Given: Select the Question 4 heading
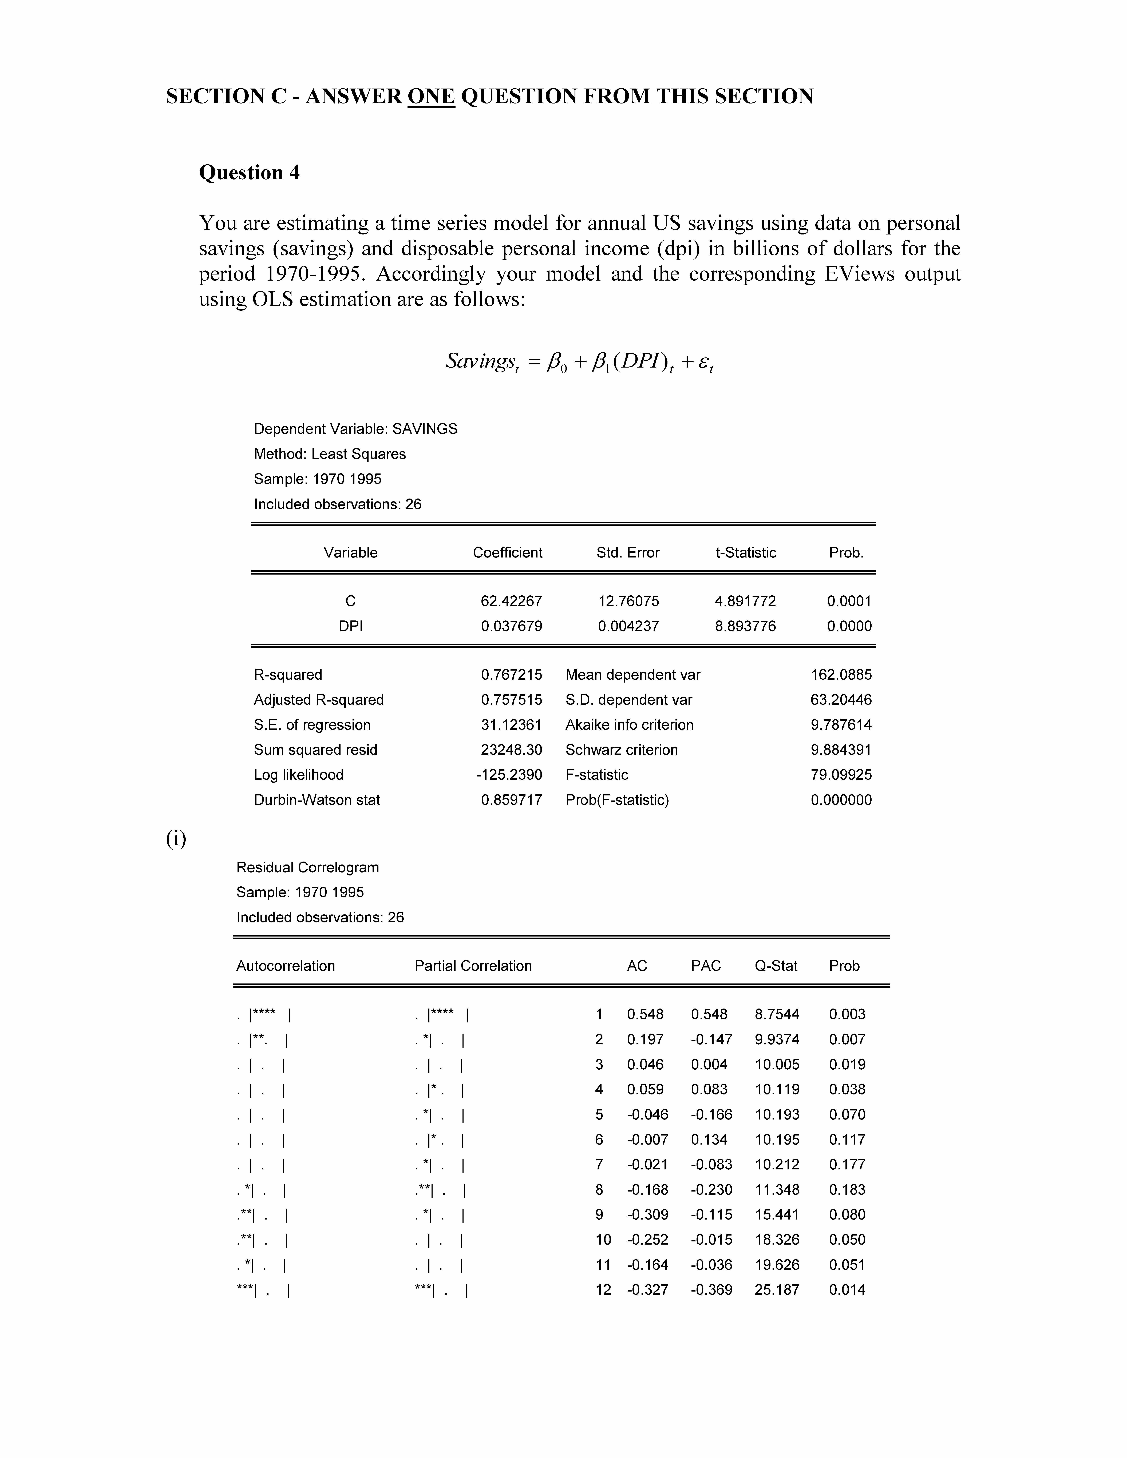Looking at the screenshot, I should click(249, 173).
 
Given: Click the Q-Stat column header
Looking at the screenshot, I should click(776, 966).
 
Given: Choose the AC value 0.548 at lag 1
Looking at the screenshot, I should click(645, 1015).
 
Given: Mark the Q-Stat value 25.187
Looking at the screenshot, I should click(777, 1290).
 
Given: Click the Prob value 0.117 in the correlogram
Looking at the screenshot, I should click(847, 1140).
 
